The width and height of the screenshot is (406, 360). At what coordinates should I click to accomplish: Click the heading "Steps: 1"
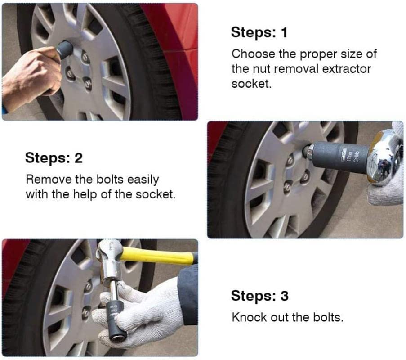[259, 33]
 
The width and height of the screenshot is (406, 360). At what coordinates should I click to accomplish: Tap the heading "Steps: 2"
[54, 158]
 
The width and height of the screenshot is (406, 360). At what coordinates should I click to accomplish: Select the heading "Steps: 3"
[260, 296]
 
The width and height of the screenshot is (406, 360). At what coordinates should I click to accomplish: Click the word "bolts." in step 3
[328, 317]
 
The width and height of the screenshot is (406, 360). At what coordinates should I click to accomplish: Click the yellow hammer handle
[157, 255]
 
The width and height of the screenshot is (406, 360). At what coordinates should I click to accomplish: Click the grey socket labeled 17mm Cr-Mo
[339, 158]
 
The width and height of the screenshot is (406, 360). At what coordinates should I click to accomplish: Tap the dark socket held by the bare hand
[65, 49]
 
